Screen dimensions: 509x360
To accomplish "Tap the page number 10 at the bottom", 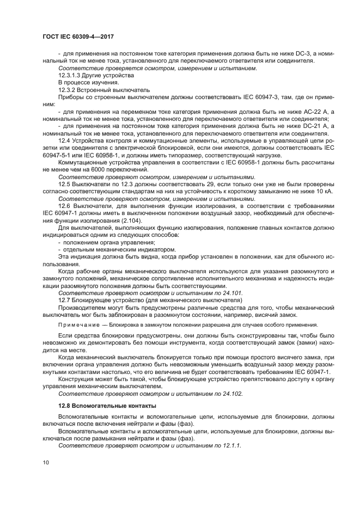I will click(x=46, y=462).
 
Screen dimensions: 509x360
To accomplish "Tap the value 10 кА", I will click(x=318, y=191).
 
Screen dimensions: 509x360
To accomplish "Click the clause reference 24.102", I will click(x=231, y=393).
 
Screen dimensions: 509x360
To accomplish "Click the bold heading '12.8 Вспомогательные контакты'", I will click(x=107, y=406).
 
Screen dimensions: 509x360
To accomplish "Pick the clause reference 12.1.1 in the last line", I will click(x=230, y=445).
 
